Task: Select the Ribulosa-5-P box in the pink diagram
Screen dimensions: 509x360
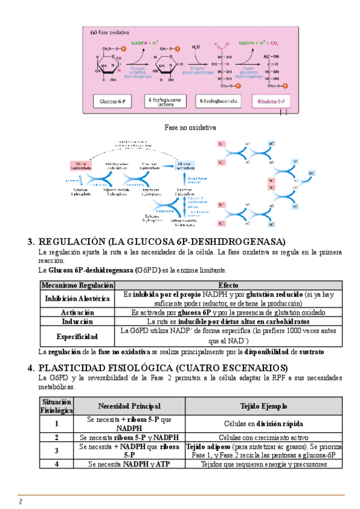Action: click(272, 103)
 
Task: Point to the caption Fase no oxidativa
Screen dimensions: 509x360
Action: click(190, 128)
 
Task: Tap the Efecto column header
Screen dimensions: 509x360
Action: click(229, 285)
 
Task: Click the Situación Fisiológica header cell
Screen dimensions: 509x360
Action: click(56, 406)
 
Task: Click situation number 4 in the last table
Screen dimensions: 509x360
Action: click(56, 464)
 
